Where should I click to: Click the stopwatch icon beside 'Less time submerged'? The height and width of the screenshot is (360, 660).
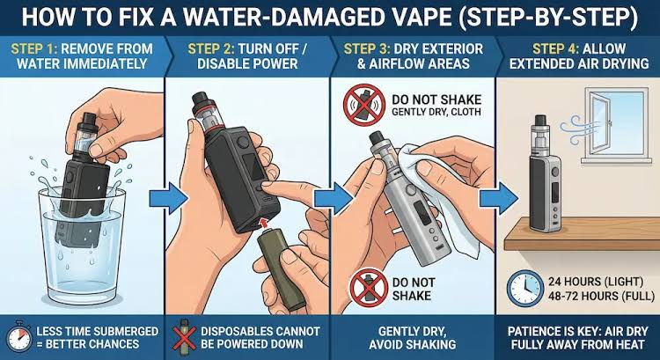point(19,337)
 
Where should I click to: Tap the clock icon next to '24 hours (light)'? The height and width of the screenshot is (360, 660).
point(524,289)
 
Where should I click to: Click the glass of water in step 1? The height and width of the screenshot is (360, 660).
point(82,243)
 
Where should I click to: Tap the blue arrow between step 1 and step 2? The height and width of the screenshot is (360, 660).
point(168,197)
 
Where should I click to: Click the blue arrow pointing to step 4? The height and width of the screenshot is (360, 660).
point(499,197)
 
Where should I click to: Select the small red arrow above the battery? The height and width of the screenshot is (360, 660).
point(264,223)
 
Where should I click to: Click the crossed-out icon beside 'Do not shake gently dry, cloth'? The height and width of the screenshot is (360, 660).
point(364,105)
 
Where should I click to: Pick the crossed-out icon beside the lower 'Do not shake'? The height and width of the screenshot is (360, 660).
point(369,288)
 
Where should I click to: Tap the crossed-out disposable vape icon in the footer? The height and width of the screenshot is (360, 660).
point(184,337)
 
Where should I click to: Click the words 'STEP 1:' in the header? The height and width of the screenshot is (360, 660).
point(33,48)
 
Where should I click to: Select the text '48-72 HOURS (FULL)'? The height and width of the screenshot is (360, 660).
point(601,296)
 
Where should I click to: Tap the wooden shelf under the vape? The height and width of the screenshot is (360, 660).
point(582,233)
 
